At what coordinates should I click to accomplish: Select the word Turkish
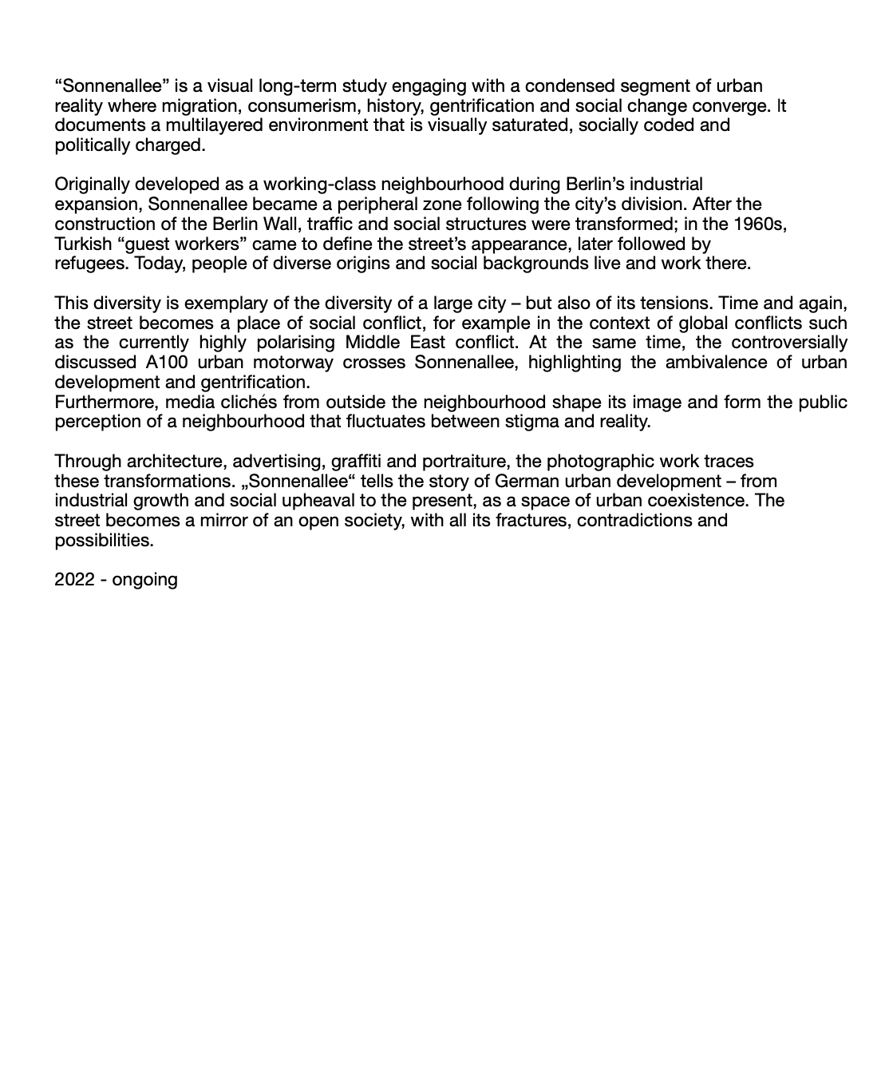(x=83, y=244)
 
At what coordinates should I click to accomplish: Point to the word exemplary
(x=222, y=303)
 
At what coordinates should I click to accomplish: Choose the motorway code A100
(x=167, y=363)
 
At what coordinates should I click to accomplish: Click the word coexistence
(x=703, y=501)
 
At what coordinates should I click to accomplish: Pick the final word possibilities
(x=104, y=540)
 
